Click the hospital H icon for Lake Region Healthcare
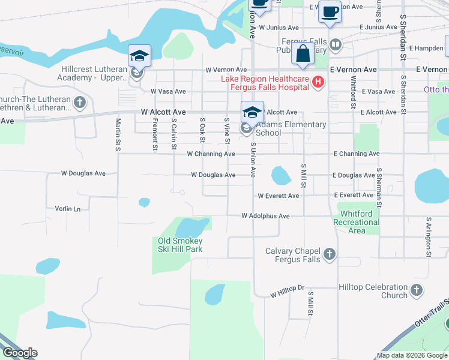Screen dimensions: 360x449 pos(319,83)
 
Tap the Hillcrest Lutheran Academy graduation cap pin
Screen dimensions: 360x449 pos(139,56)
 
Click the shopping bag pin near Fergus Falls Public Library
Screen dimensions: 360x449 pos(304,53)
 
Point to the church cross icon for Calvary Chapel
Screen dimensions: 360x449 pos(329,254)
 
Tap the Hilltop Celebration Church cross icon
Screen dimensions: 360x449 pos(416,291)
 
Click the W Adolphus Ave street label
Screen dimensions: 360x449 pos(265,215)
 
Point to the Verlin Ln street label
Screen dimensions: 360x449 pos(67,209)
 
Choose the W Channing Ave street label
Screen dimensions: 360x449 pos(211,154)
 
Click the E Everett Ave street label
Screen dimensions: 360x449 pos(354,195)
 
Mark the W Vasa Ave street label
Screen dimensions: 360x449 pos(168,91)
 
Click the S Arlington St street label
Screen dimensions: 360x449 pos(429,238)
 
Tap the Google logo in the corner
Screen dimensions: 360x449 pos(19,353)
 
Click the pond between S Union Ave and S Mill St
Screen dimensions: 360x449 pos(280,175)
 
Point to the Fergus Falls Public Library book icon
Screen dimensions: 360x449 pos(336,44)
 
